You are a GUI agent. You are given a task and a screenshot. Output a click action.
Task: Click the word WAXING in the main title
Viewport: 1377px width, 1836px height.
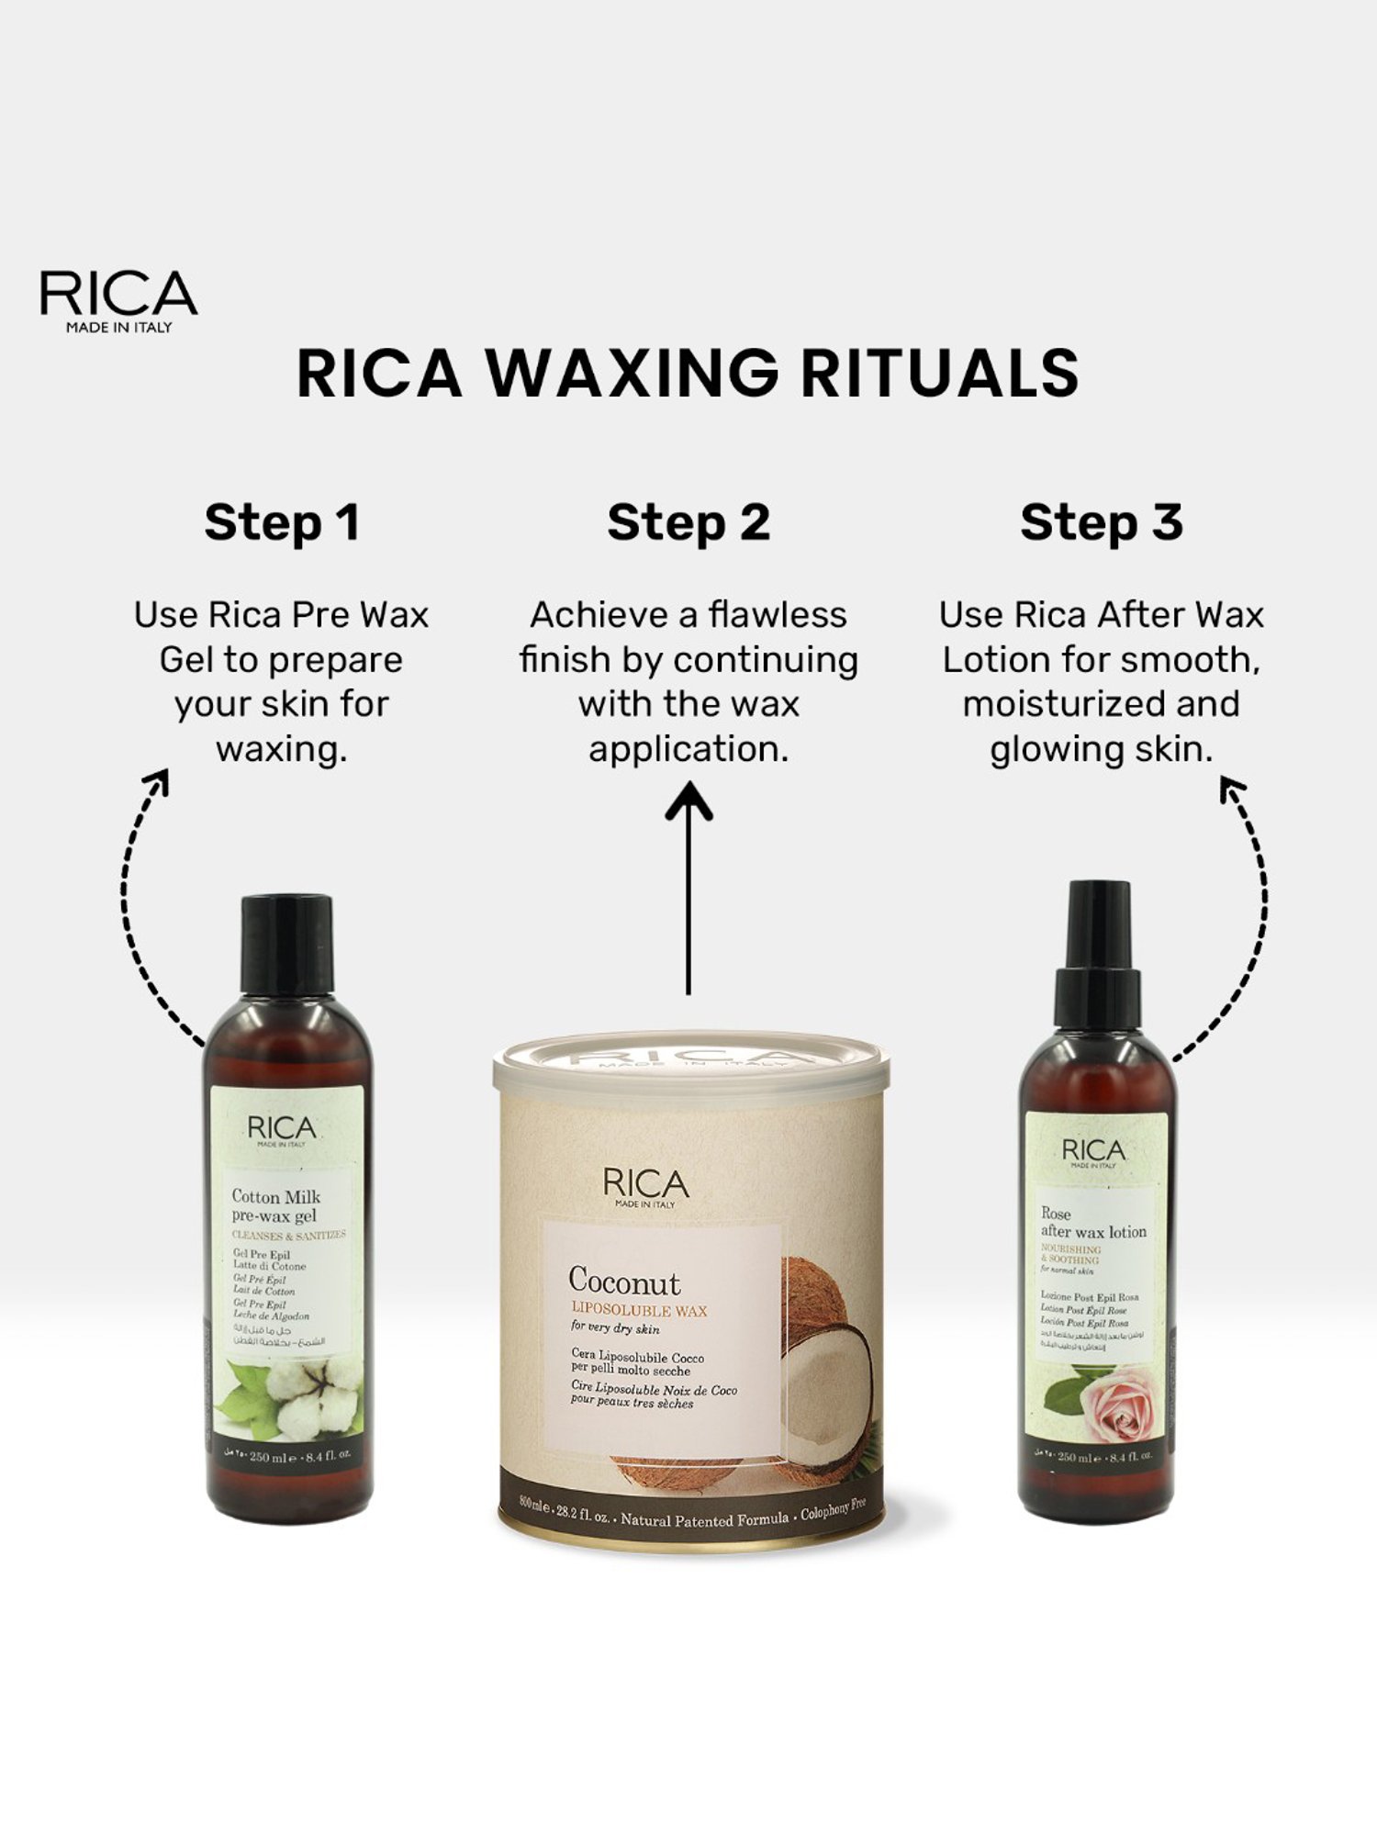pos(632,373)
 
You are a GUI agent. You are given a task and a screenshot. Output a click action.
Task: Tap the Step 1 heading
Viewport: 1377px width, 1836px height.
pos(282,523)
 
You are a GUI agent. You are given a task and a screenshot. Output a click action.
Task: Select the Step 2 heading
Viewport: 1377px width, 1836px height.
pos(688,523)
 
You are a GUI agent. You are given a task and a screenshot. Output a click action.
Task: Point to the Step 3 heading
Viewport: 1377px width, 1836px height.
pos(1101,523)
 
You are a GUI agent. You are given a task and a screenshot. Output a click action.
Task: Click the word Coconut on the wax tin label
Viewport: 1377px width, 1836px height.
pos(624,1282)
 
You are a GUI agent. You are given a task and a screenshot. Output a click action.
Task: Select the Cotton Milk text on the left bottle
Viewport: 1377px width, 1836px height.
pos(275,1197)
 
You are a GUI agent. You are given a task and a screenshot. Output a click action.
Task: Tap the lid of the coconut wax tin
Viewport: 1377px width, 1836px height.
pos(690,1065)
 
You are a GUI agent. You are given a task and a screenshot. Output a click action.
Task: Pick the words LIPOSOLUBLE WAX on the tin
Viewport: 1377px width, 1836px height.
pos(639,1310)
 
